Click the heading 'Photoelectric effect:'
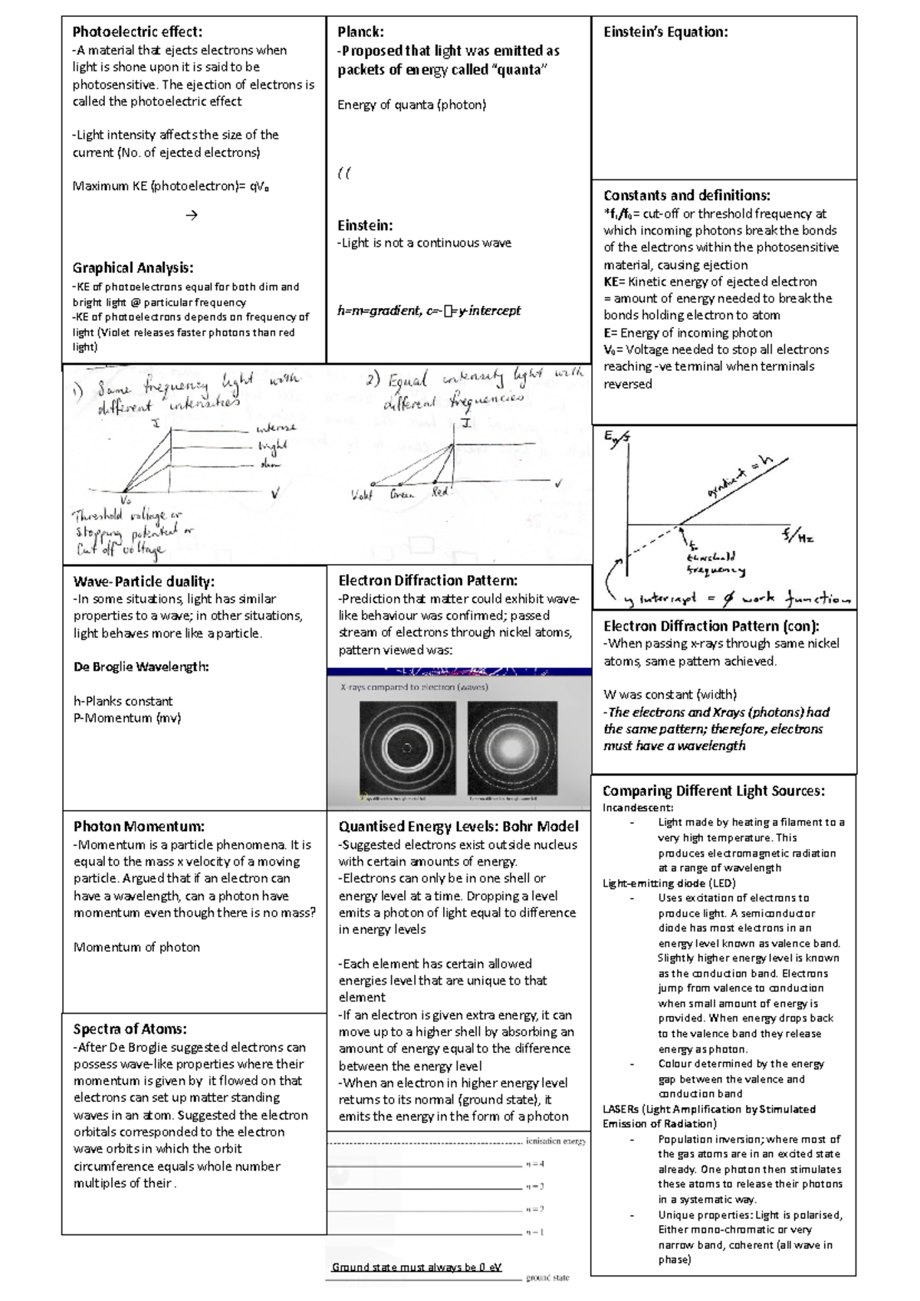click(137, 31)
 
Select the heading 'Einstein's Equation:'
click(665, 31)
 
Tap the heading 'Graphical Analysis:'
click(133, 267)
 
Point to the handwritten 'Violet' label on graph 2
click(361, 495)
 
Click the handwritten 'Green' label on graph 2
click(402, 495)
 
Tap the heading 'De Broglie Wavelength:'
click(141, 667)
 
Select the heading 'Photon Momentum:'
click(139, 826)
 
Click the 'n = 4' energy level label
click(534, 1164)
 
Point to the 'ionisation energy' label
click(556, 1142)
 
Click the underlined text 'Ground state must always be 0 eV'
click(416, 1267)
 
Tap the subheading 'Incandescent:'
click(638, 808)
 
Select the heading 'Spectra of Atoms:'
click(130, 1029)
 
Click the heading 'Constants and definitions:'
click(686, 195)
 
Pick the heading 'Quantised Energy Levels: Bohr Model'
click(458, 826)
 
